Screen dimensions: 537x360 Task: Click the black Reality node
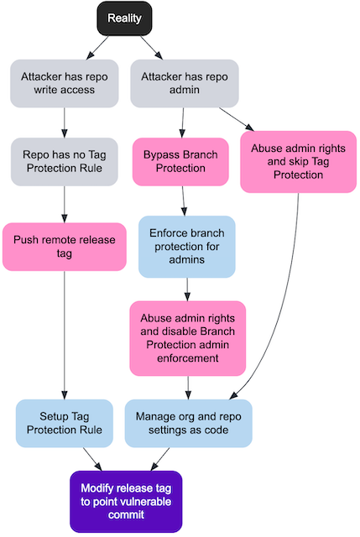(x=124, y=18)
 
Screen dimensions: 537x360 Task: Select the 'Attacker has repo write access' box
(x=65, y=83)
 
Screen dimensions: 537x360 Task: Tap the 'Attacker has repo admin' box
(x=184, y=83)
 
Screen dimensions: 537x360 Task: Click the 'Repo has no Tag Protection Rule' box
(x=65, y=161)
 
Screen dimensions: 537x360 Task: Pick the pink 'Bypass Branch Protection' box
(x=180, y=161)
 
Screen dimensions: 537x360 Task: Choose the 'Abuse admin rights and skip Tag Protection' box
(x=297, y=161)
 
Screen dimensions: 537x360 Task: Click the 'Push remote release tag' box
(x=65, y=247)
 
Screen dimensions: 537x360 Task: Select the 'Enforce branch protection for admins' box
(x=186, y=247)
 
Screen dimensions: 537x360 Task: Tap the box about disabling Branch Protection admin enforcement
(x=187, y=338)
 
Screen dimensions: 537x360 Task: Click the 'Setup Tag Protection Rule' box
(x=65, y=423)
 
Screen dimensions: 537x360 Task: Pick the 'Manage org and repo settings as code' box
(x=187, y=423)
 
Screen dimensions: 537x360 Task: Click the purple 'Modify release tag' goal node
(x=125, y=501)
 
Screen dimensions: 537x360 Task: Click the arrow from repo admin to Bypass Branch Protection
(x=183, y=123)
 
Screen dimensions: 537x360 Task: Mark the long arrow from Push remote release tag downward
(x=65, y=336)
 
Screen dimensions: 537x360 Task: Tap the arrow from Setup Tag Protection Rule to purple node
(x=89, y=458)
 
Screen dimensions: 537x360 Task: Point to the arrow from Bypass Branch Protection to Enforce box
(x=184, y=201)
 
